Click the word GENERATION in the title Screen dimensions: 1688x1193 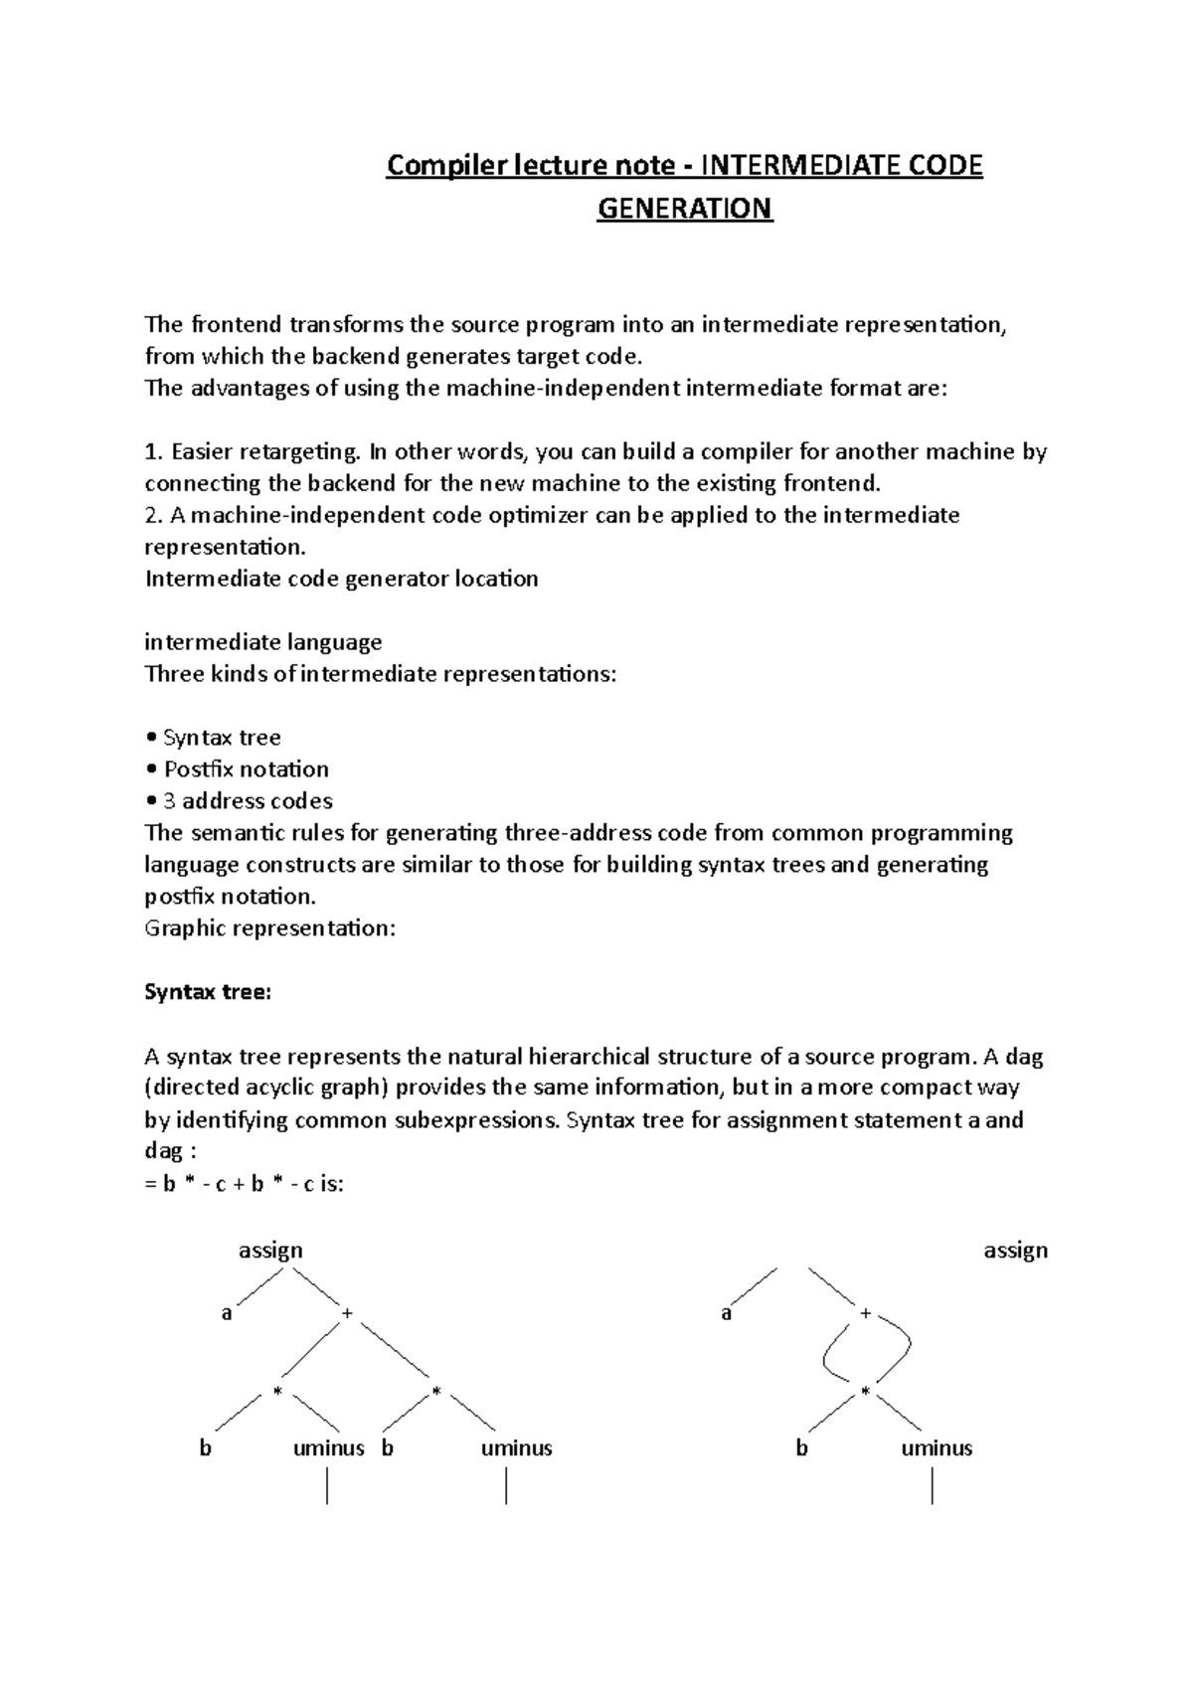tap(684, 209)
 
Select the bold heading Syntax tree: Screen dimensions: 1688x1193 tap(208, 992)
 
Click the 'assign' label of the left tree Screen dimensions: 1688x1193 tap(270, 1251)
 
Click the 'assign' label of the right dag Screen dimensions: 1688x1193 tap(1015, 1251)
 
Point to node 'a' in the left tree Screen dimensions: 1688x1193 tap(227, 1314)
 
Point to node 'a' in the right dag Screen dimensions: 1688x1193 tap(727, 1314)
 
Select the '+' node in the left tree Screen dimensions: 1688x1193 tap(347, 1314)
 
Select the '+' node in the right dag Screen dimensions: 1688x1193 tap(866, 1314)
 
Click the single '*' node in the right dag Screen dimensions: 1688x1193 tap(865, 1392)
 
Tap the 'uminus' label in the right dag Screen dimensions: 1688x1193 tap(936, 1448)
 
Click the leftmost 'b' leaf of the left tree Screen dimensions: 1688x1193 tap(206, 1448)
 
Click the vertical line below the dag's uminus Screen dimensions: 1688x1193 tap(933, 1487)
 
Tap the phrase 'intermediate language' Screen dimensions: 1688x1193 tap(263, 642)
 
